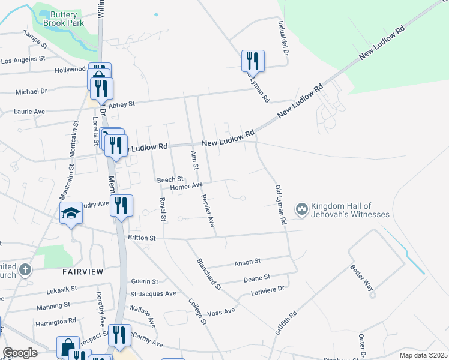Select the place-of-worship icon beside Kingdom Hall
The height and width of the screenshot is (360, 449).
[301, 209]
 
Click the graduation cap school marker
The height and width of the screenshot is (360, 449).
[71, 213]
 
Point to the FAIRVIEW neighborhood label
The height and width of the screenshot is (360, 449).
[83, 272]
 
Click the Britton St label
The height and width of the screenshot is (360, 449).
[142, 238]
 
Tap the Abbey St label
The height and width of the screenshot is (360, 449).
[122, 104]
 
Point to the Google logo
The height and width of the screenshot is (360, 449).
[20, 353]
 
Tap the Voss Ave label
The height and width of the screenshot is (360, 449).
[221, 313]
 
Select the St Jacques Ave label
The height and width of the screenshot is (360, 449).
[154, 293]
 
